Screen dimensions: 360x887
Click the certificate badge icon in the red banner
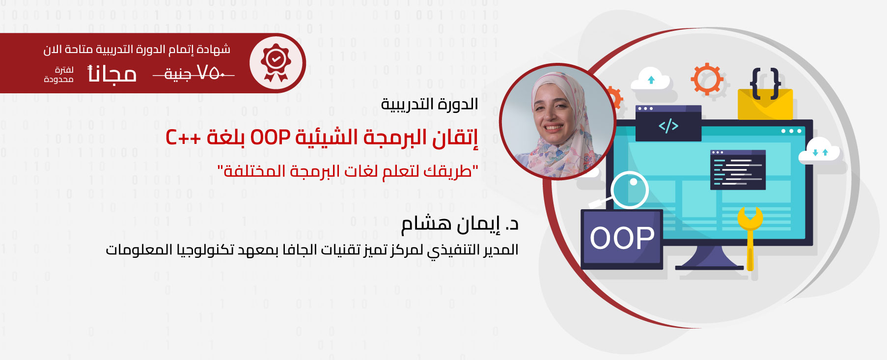click(x=276, y=63)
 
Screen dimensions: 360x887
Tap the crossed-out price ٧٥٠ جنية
click(x=194, y=73)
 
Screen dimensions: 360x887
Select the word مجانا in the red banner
click(x=111, y=74)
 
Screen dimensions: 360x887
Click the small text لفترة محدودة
click(x=59, y=75)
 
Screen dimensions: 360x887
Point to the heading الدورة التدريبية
click(x=429, y=104)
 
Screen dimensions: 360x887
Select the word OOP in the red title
click(x=270, y=138)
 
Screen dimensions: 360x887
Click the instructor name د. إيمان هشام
click(x=460, y=224)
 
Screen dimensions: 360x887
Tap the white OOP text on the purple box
click(x=622, y=238)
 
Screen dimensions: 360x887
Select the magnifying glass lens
click(x=630, y=189)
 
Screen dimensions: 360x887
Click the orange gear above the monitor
click(x=707, y=79)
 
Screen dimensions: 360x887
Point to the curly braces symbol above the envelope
click(x=765, y=82)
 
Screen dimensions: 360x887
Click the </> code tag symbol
click(x=668, y=126)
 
